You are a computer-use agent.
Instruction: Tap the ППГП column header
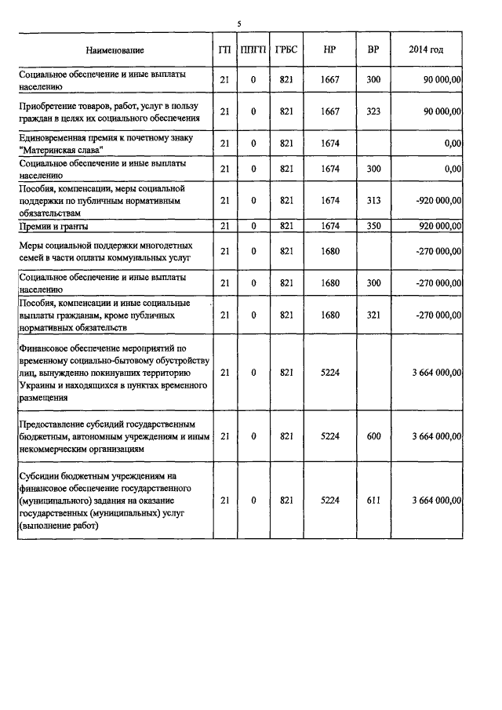(253, 50)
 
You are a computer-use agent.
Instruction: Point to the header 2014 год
(426, 50)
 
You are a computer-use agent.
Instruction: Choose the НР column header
(330, 50)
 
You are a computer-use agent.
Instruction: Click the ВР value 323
(373, 111)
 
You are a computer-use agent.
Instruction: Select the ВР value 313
(373, 201)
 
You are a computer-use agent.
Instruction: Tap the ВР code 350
(373, 227)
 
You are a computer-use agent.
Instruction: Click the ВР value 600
(373, 436)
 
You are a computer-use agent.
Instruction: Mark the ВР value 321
(373, 315)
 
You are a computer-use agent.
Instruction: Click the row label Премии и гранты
(53, 227)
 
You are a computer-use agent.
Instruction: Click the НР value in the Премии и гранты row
(330, 227)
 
